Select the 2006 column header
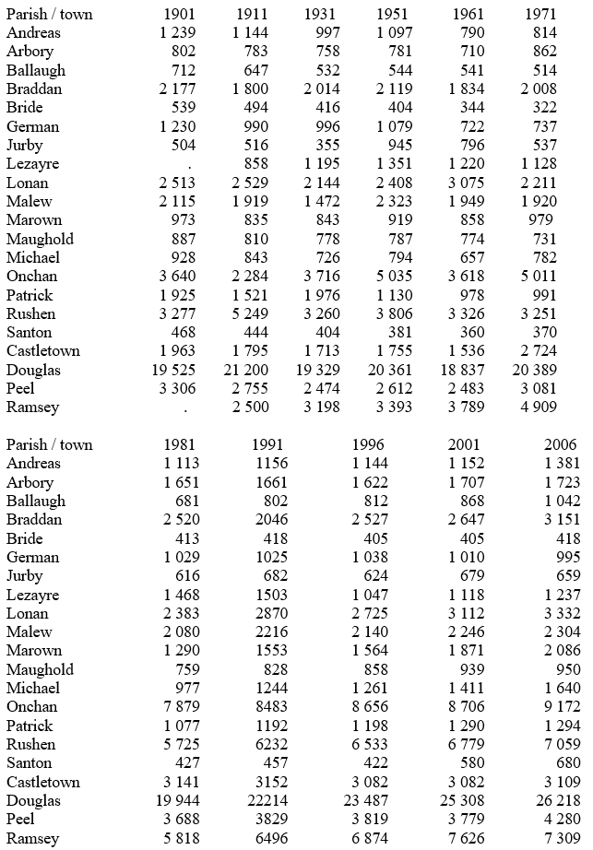(563, 444)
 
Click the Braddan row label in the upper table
(34, 89)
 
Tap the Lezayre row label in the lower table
(33, 595)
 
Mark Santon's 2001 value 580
(471, 763)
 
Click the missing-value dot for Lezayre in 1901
(188, 164)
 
